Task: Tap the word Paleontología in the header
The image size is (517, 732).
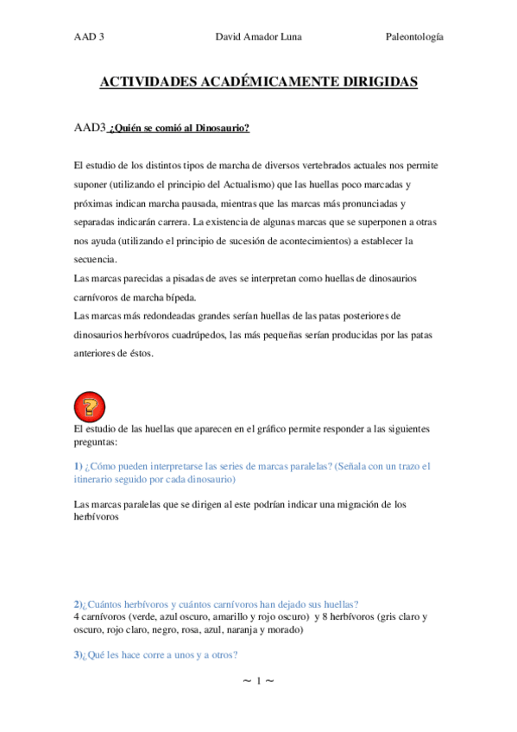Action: tap(413, 38)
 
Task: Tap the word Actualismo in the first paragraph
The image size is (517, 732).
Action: tap(275, 185)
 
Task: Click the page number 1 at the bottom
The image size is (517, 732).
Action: tap(257, 682)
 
